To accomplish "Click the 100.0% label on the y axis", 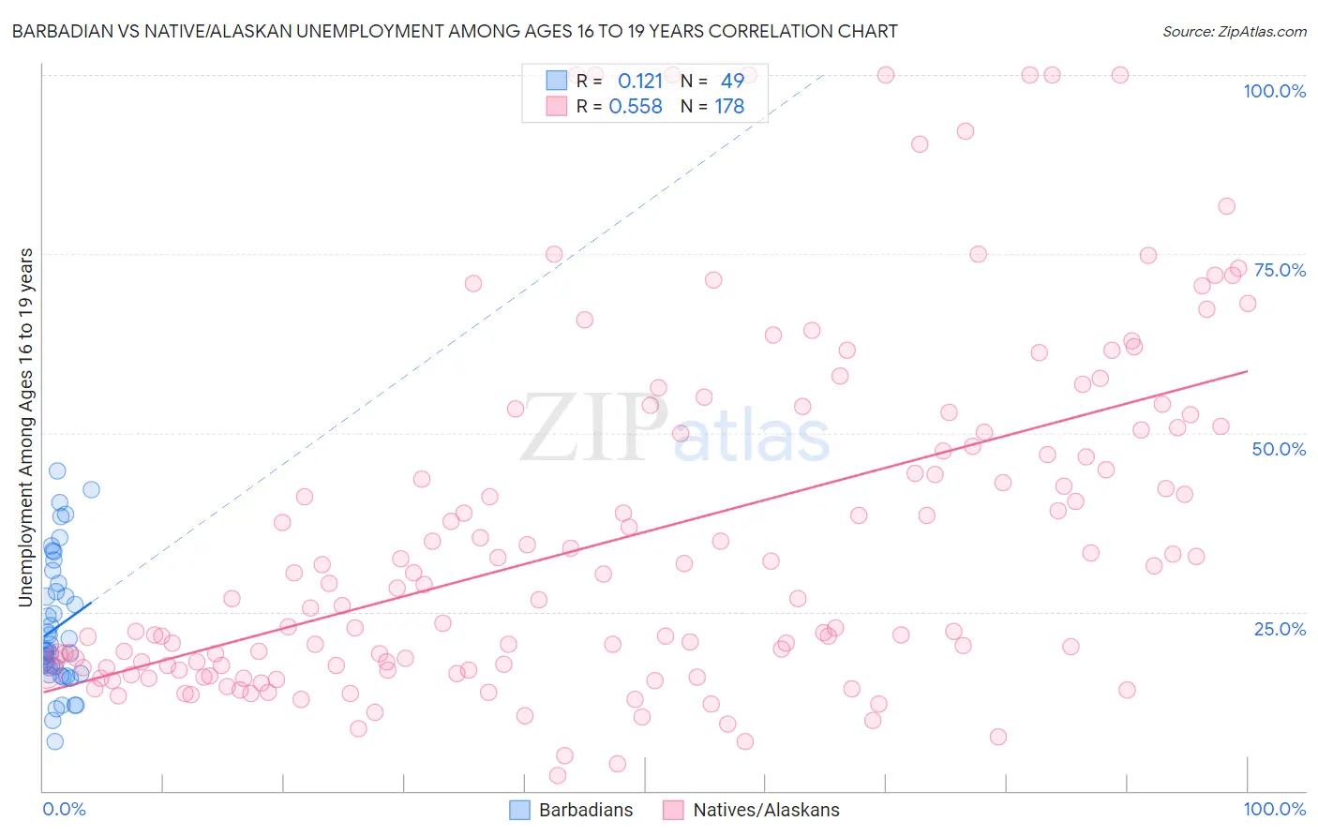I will coord(1274,91).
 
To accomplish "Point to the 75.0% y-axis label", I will coord(1280,270).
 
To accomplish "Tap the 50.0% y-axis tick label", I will coord(1279,449).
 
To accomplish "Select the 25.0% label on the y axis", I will coord(1280,629).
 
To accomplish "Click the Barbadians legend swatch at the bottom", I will coord(519,810).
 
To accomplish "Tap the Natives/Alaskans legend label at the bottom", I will coord(766,810).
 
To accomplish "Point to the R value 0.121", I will coord(640,82).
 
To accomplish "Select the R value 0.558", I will coord(636,107).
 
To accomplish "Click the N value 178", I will coord(729,107).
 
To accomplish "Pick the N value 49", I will coord(732,82).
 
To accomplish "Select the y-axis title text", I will coord(26,427).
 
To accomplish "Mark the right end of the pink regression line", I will coord(1247,371).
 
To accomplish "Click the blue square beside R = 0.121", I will coord(557,81).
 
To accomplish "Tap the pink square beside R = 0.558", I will coord(557,106).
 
